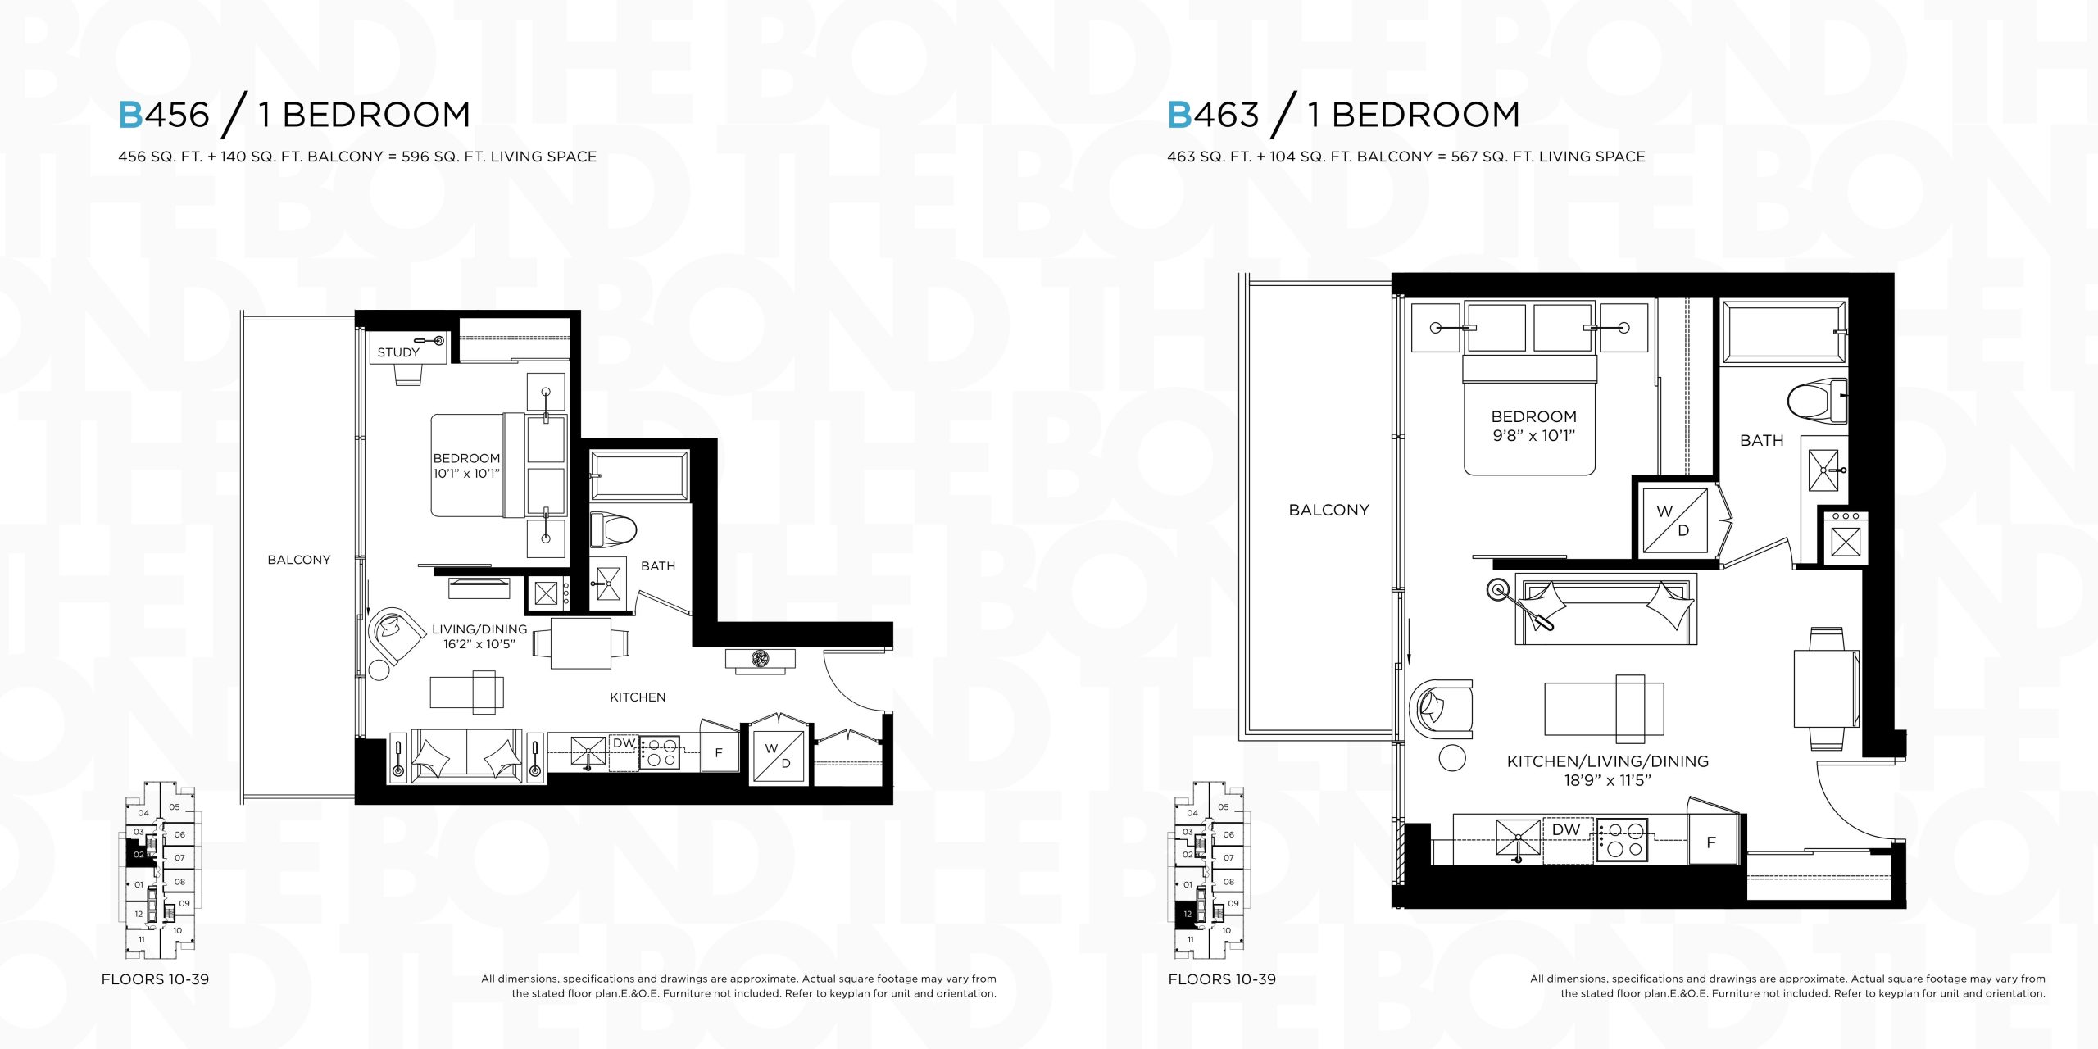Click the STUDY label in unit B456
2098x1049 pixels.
pyautogui.click(x=398, y=352)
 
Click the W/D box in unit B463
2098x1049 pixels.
pyautogui.click(x=1674, y=521)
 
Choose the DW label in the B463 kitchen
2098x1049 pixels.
pyautogui.click(x=1565, y=829)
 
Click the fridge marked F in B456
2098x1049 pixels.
pyautogui.click(x=719, y=752)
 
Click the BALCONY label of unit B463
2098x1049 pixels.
pyautogui.click(x=1328, y=510)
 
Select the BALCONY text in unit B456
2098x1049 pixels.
pyautogui.click(x=299, y=560)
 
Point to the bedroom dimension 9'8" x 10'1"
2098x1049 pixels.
pyautogui.click(x=1533, y=435)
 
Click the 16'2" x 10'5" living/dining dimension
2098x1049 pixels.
pyautogui.click(x=479, y=644)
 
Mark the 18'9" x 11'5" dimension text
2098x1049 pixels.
pyautogui.click(x=1607, y=780)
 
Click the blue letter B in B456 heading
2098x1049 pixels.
pyautogui.click(x=131, y=115)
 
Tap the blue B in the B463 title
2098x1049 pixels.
pyautogui.click(x=1180, y=115)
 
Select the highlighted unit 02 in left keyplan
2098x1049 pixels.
pyautogui.click(x=137, y=855)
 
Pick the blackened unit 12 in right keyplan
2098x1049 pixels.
pyautogui.click(x=1186, y=914)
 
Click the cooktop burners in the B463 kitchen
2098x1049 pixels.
pyautogui.click(x=1622, y=841)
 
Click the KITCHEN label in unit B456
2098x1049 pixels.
pyautogui.click(x=638, y=697)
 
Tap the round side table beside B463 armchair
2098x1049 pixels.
pyautogui.click(x=1452, y=758)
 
